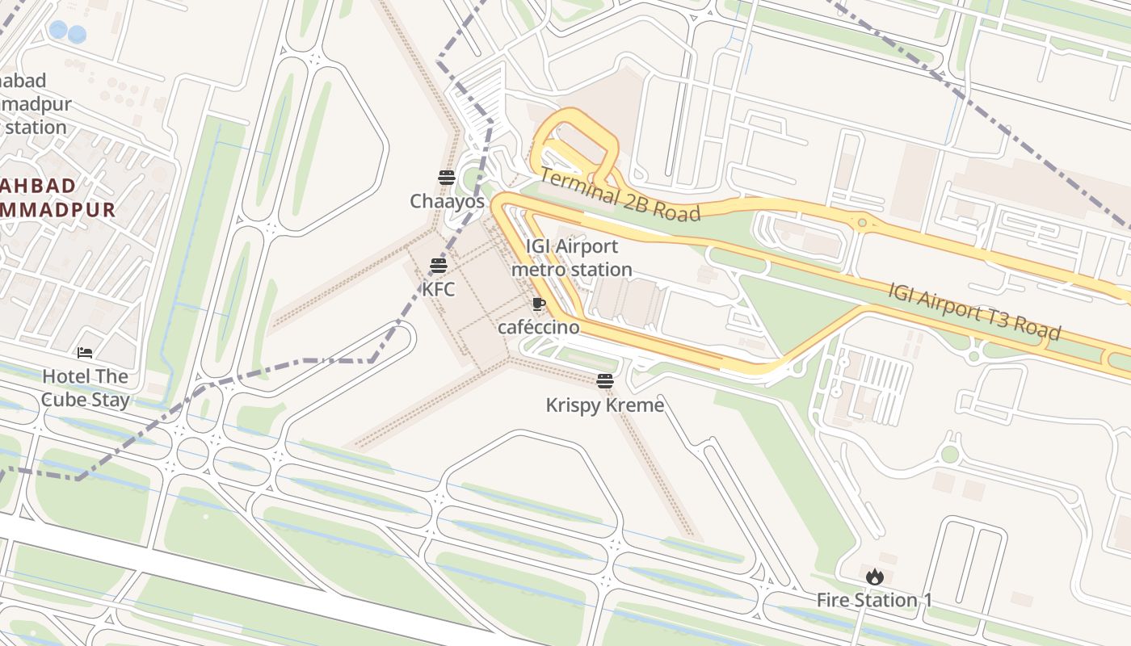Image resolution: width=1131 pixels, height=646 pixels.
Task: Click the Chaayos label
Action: [447, 201]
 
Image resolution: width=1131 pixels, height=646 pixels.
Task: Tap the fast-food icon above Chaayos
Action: [447, 178]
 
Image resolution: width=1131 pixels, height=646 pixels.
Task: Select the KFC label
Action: [439, 288]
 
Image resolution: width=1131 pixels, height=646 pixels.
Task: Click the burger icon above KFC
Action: [439, 265]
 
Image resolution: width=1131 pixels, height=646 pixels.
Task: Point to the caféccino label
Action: [538, 327]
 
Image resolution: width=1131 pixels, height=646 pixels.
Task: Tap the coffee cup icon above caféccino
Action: [538, 304]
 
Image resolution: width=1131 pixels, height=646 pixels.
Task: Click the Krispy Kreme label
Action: [604, 405]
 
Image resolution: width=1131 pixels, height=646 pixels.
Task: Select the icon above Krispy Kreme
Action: [605, 381]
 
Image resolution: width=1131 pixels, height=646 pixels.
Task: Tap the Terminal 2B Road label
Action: [619, 195]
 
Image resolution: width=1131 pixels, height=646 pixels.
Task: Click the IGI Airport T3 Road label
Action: [973, 312]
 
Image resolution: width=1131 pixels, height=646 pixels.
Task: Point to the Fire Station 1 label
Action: [874, 600]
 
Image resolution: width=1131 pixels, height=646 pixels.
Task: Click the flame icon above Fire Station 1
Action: [874, 577]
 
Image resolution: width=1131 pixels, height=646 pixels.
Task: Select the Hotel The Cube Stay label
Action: [85, 388]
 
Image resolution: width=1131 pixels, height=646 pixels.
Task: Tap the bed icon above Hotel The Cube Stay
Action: [85, 353]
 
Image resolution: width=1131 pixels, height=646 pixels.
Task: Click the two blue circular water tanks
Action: [67, 32]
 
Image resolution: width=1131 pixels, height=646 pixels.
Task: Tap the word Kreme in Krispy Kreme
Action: [635, 405]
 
